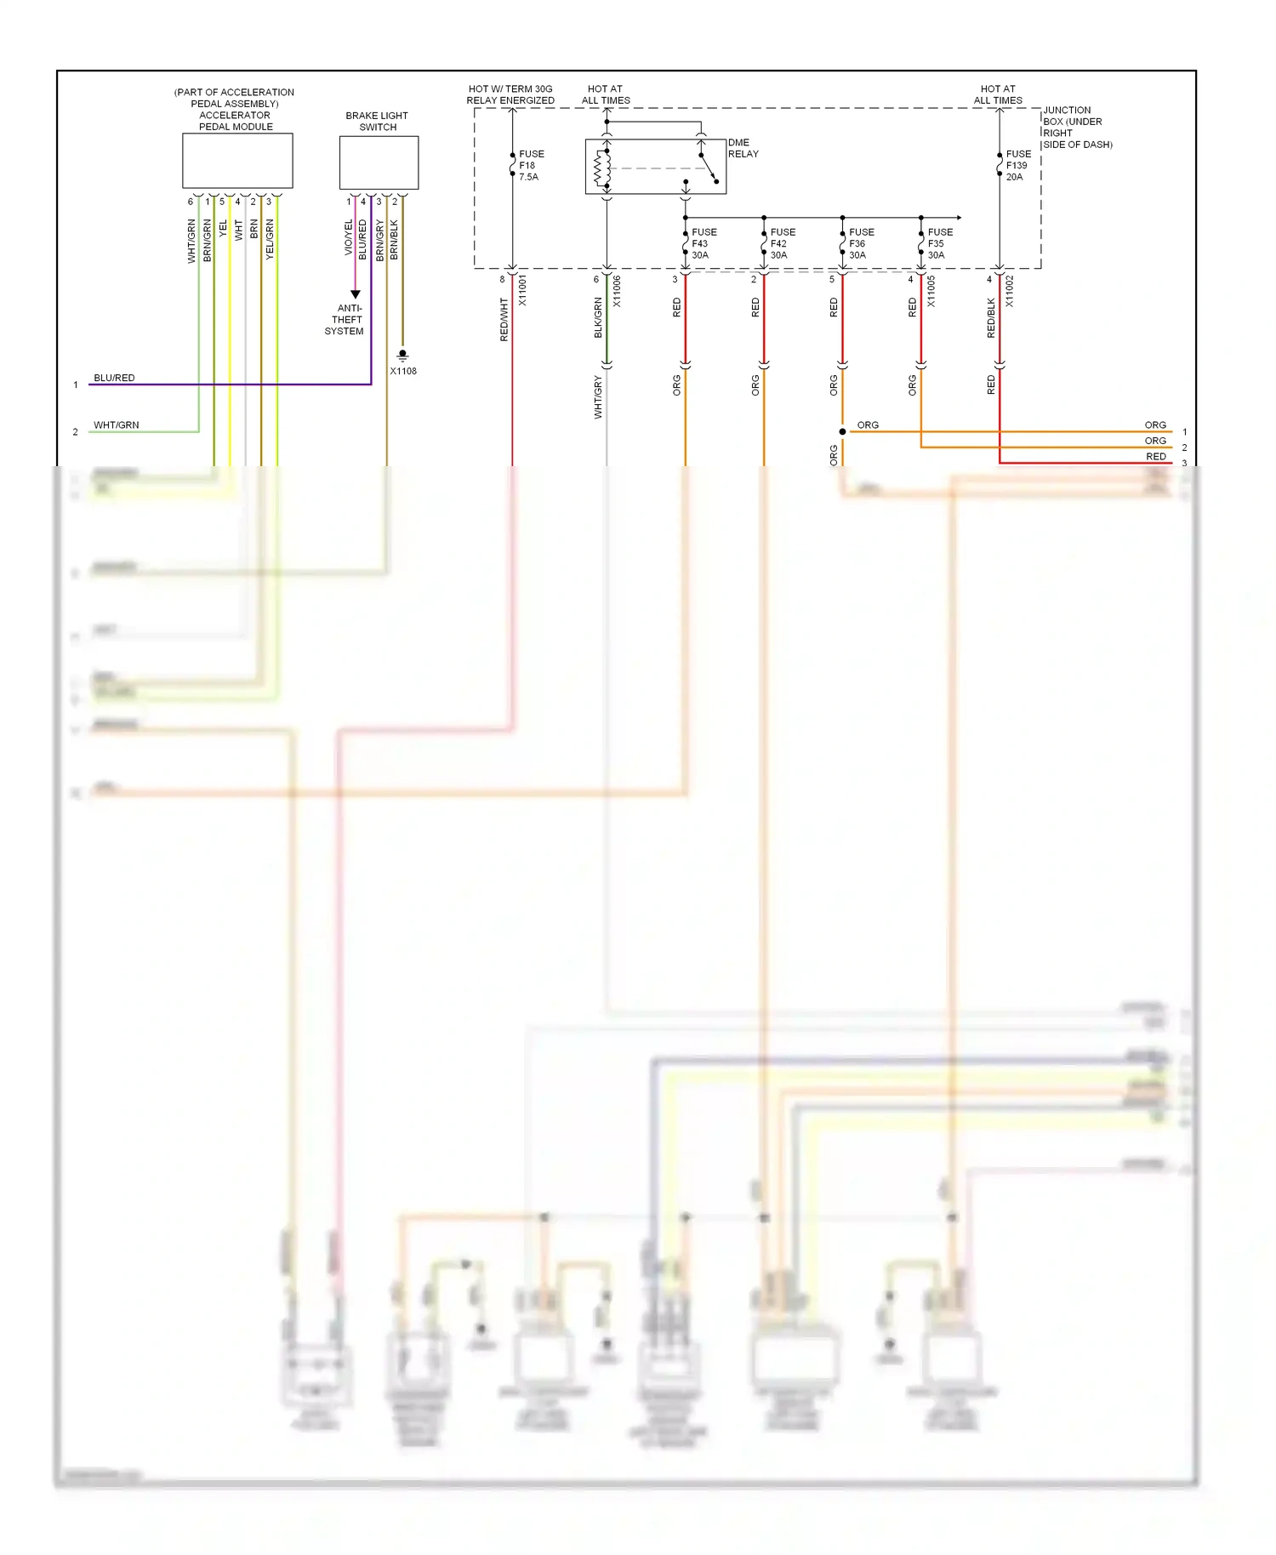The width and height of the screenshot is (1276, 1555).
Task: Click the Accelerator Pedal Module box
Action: [x=237, y=161]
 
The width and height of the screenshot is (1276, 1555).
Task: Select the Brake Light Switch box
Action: [x=379, y=162]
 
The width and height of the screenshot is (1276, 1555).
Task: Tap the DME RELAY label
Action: [x=743, y=148]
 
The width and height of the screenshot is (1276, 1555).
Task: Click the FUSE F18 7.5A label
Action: [x=531, y=166]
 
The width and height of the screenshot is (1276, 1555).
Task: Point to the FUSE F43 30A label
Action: [x=704, y=243]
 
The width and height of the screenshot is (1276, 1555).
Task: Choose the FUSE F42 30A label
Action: [x=783, y=243]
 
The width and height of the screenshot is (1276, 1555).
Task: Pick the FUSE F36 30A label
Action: [x=861, y=243]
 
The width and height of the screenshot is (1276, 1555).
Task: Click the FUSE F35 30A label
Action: [x=939, y=243]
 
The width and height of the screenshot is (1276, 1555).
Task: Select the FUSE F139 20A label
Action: [x=1017, y=166]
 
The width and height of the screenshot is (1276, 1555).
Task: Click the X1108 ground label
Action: [x=403, y=371]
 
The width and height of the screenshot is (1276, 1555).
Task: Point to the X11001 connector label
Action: [x=522, y=290]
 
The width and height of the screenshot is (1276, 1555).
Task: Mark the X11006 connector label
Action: [x=617, y=290]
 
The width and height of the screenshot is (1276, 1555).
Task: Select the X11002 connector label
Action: [x=1010, y=290]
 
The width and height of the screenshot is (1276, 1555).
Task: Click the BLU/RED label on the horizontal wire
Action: [x=114, y=378]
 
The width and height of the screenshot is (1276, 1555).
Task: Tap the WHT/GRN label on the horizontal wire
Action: [x=116, y=424]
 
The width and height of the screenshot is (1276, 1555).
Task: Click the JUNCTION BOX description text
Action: [x=1076, y=128]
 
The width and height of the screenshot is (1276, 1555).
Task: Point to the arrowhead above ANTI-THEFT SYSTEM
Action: [x=356, y=294]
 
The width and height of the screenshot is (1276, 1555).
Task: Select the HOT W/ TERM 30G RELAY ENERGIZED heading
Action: [x=510, y=94]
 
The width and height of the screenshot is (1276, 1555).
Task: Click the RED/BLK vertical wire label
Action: [x=991, y=318]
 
